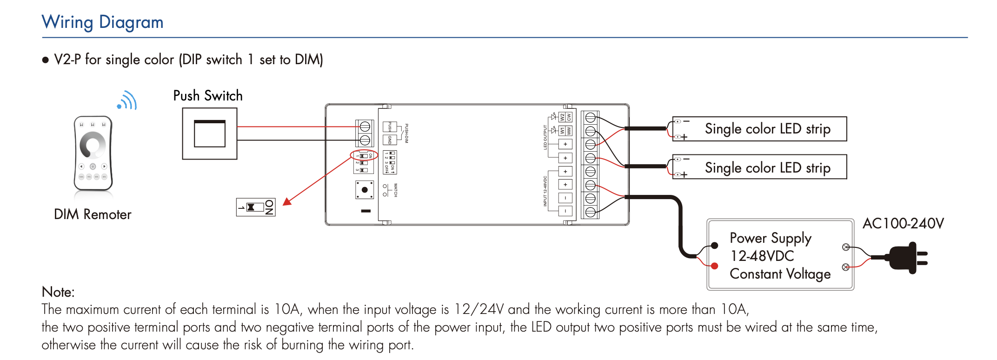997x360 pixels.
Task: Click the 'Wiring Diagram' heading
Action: pyautogui.click(x=102, y=22)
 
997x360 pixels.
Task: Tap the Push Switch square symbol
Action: pyautogui.click(x=209, y=134)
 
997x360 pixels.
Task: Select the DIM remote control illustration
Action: pyautogui.click(x=93, y=153)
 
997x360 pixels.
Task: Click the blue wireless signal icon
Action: pyautogui.click(x=128, y=101)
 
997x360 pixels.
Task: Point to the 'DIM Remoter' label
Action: pyautogui.click(x=93, y=214)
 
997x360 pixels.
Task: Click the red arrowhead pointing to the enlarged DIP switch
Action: pyautogui.click(x=287, y=201)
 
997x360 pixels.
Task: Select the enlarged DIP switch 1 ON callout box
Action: pyautogui.click(x=256, y=207)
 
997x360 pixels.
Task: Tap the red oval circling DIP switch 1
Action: pyautogui.click(x=364, y=155)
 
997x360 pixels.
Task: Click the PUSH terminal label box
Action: pyautogui.click(x=390, y=127)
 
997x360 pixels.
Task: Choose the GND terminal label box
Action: pyautogui.click(x=390, y=140)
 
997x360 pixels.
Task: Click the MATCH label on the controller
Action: pyautogui.click(x=396, y=190)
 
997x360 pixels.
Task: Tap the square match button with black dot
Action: pyautogui.click(x=365, y=190)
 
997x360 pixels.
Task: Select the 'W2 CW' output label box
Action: pyautogui.click(x=565, y=117)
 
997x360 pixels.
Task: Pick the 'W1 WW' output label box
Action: pyautogui.click(x=565, y=131)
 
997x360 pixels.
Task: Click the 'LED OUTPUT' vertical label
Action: pyautogui.click(x=545, y=137)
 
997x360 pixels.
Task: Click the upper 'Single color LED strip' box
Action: pyautogui.click(x=759, y=129)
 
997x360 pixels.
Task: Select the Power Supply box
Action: pyautogui.click(x=780, y=255)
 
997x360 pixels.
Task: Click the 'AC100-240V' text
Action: pyautogui.click(x=903, y=224)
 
